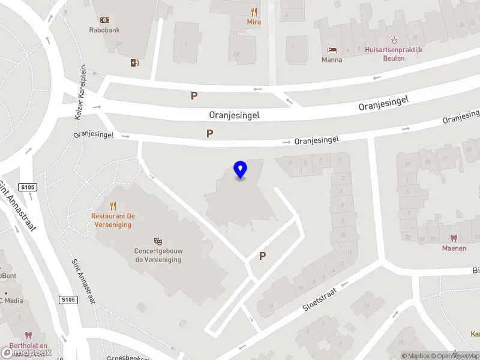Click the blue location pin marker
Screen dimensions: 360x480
[241, 170]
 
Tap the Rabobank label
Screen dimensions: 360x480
[104, 29]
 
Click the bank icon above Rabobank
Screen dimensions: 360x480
[104, 20]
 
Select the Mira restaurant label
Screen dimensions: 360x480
[254, 22]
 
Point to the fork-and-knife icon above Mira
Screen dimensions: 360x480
[254, 12]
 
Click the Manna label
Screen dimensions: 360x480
[332, 59]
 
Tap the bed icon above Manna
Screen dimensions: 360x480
[332, 49]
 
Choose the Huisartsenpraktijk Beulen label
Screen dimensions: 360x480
[394, 50]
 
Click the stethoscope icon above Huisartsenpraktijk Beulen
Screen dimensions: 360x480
[394, 40]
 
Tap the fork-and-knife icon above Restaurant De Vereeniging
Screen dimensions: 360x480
[113, 206]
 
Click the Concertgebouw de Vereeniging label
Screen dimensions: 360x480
[158, 256]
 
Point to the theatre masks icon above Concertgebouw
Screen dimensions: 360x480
[158, 241]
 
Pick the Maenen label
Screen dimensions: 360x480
[454, 248]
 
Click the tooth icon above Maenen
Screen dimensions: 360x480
[454, 238]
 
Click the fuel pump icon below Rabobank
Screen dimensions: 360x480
[134, 62]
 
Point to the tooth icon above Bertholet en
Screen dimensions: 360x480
[27, 335]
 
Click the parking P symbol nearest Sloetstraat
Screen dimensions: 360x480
[262, 256]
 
